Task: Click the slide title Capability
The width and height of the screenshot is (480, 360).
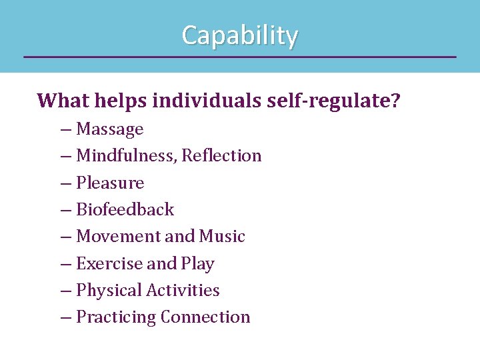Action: (240, 35)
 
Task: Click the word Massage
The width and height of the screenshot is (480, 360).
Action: (110, 129)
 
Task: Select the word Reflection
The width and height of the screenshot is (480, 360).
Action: (221, 156)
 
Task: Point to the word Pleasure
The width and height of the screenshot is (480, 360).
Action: (110, 183)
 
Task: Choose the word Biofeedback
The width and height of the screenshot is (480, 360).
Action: (125, 209)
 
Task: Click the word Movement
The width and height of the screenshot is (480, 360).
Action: (119, 237)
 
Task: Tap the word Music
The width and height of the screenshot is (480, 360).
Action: (222, 237)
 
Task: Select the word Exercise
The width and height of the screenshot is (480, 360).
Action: (109, 263)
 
